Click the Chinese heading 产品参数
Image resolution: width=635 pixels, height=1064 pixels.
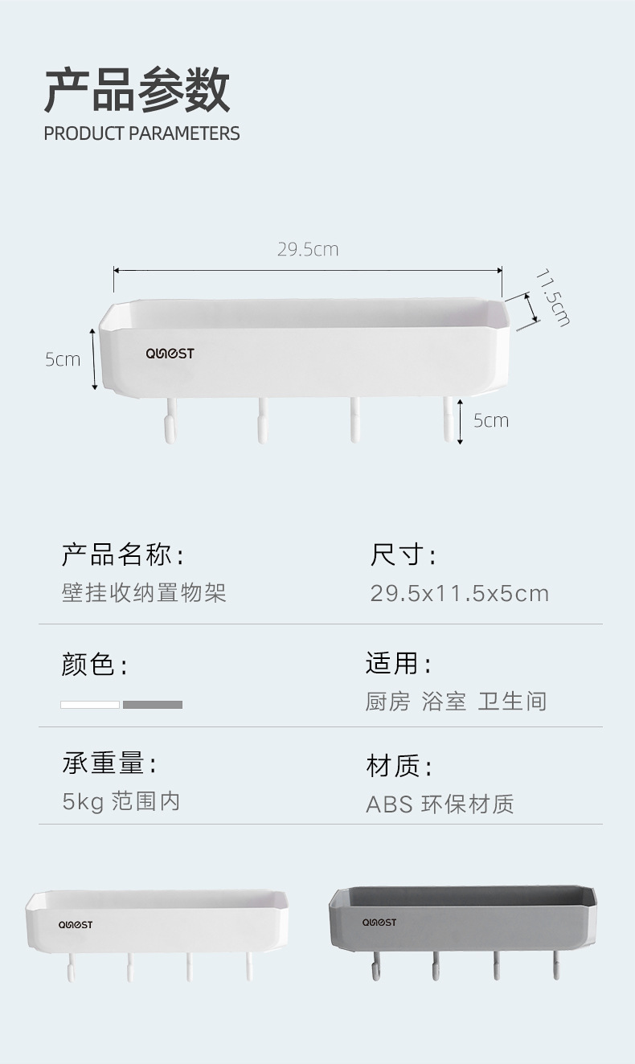point(137,90)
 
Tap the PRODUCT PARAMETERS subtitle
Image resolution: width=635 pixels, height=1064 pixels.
point(141,133)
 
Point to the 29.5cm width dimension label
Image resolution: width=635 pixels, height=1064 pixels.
point(308,250)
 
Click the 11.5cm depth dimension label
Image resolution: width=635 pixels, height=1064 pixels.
point(552,297)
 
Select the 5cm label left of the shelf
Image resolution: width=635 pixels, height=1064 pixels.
point(63,359)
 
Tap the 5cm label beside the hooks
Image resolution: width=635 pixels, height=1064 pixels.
point(490,420)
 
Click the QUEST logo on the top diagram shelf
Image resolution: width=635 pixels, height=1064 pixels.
point(170,354)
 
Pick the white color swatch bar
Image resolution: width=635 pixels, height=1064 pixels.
point(90,705)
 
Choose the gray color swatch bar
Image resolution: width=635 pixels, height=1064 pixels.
point(153,705)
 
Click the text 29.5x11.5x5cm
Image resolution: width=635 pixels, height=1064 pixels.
point(459,594)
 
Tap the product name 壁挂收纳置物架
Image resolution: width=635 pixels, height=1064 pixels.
point(144,593)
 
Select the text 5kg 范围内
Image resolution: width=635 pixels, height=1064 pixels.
point(121,801)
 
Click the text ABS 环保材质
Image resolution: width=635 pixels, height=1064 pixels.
point(440,804)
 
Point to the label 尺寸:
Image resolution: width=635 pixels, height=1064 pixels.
point(403,555)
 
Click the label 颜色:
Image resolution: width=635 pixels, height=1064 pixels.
point(94,665)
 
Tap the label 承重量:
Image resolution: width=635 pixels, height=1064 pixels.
point(109,763)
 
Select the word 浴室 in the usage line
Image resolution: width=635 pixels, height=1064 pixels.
point(444,702)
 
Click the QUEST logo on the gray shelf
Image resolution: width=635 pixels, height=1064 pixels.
point(379,923)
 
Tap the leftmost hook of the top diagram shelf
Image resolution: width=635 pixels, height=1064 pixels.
point(169,422)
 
